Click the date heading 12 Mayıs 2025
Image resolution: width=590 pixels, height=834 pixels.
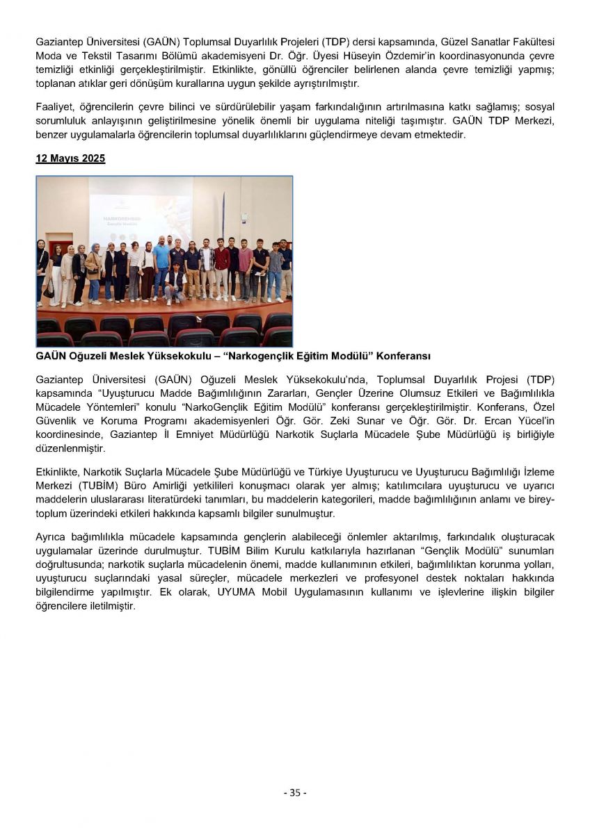click(70, 158)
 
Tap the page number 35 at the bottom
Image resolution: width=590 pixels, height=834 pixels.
click(295, 793)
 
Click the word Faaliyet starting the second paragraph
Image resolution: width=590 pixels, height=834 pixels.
click(54, 107)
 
